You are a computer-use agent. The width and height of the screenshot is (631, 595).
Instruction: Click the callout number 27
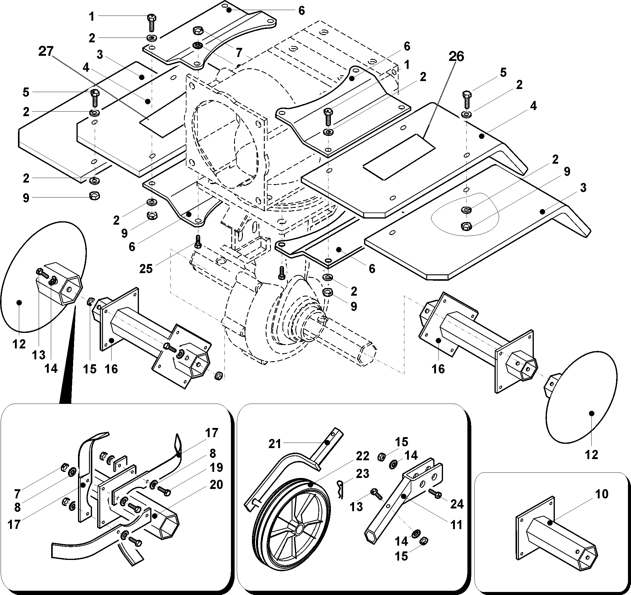46,52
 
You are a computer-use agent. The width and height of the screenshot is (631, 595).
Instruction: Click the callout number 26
456,56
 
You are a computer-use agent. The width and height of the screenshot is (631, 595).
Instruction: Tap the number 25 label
146,269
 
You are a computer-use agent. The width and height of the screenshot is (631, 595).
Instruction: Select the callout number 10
601,494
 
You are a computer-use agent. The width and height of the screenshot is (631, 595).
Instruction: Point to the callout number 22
363,456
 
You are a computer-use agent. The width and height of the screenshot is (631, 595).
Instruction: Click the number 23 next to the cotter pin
363,474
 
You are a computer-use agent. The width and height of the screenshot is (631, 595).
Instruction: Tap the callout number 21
275,444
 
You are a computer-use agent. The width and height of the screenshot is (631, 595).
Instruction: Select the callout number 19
216,468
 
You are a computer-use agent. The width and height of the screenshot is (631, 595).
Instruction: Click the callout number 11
456,525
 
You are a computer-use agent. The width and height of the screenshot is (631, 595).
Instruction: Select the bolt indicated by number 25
197,242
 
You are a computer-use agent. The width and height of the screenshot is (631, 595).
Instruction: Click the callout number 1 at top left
92,16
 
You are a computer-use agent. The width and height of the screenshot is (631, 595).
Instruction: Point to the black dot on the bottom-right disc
591,413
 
